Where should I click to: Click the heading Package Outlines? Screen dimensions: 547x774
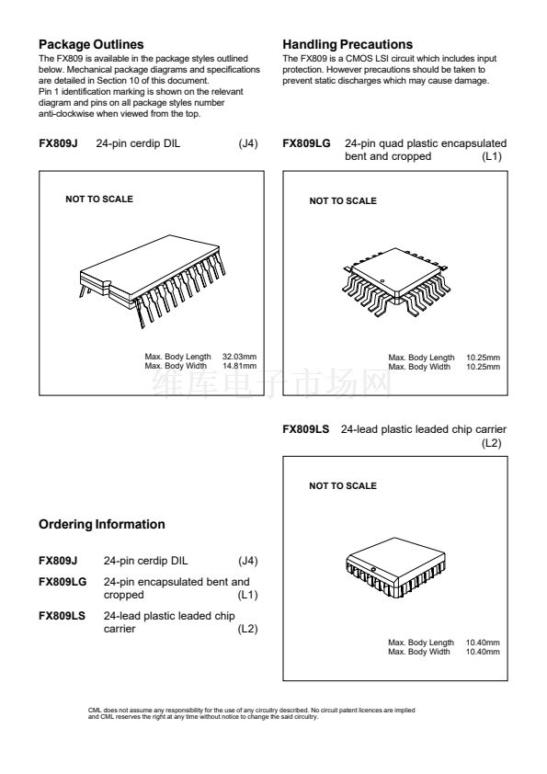click(x=91, y=44)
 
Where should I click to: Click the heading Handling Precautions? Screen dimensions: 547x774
click(x=348, y=44)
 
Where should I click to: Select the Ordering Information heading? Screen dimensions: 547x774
click(x=102, y=524)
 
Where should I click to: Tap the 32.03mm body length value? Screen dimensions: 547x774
click(x=239, y=357)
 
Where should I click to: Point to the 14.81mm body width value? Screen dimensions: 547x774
click(x=239, y=366)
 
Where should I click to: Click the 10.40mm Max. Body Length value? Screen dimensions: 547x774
click(x=483, y=643)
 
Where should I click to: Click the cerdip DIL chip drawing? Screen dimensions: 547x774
click(x=152, y=279)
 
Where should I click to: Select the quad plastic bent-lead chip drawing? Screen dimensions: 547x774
click(x=395, y=282)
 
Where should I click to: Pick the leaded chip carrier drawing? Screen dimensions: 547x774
click(x=396, y=568)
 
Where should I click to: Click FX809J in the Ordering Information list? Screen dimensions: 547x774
click(x=58, y=561)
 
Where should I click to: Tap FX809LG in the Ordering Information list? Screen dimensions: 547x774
click(x=63, y=582)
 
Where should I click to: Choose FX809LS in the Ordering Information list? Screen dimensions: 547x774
click(x=62, y=616)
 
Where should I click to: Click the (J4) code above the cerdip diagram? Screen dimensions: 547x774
click(x=248, y=143)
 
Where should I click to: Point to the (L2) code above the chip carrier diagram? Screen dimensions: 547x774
click(x=492, y=443)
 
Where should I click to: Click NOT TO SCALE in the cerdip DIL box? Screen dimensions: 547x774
click(x=99, y=199)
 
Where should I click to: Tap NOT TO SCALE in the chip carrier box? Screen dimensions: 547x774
click(x=343, y=485)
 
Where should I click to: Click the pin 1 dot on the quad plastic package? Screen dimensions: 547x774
click(x=382, y=281)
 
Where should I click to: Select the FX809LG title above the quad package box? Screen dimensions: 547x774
click(x=306, y=143)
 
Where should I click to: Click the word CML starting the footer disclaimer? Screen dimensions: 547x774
click(x=95, y=711)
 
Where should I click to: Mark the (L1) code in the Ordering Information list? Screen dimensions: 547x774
click(x=248, y=595)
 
